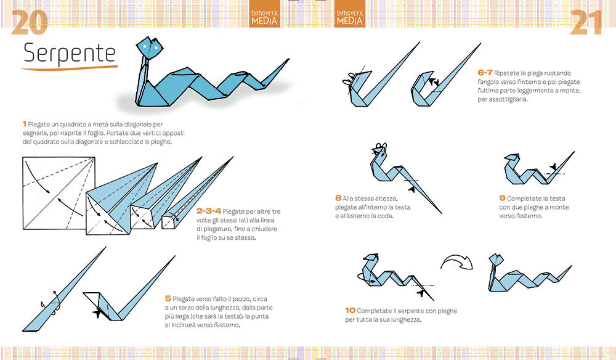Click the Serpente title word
[x=70, y=54]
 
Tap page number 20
[x=30, y=22]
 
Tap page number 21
[x=586, y=22]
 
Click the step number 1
[x=25, y=124]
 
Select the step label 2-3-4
[x=209, y=211]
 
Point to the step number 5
[x=168, y=299]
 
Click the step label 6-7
[x=485, y=72]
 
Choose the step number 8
[x=338, y=198]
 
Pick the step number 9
[x=502, y=198]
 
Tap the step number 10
[x=350, y=311]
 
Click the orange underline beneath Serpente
[x=70, y=68]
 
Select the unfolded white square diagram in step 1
[x=59, y=193]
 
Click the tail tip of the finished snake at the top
[x=289, y=59]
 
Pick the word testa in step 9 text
[x=558, y=198]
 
